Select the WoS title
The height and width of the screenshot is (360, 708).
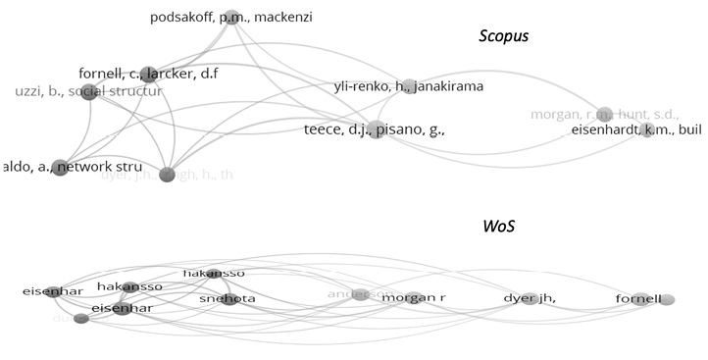(x=499, y=227)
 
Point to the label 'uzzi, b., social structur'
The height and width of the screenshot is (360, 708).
(x=88, y=91)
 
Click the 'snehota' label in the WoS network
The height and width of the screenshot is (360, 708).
(x=228, y=298)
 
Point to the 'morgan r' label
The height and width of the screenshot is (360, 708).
(x=413, y=297)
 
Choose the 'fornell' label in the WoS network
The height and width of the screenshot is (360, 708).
(x=638, y=298)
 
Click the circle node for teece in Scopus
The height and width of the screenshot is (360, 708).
(x=376, y=129)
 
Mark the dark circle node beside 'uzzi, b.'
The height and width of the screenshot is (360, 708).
(x=89, y=92)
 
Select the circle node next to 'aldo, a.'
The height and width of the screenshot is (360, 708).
(x=60, y=168)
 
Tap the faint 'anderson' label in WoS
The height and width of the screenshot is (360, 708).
(x=349, y=292)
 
